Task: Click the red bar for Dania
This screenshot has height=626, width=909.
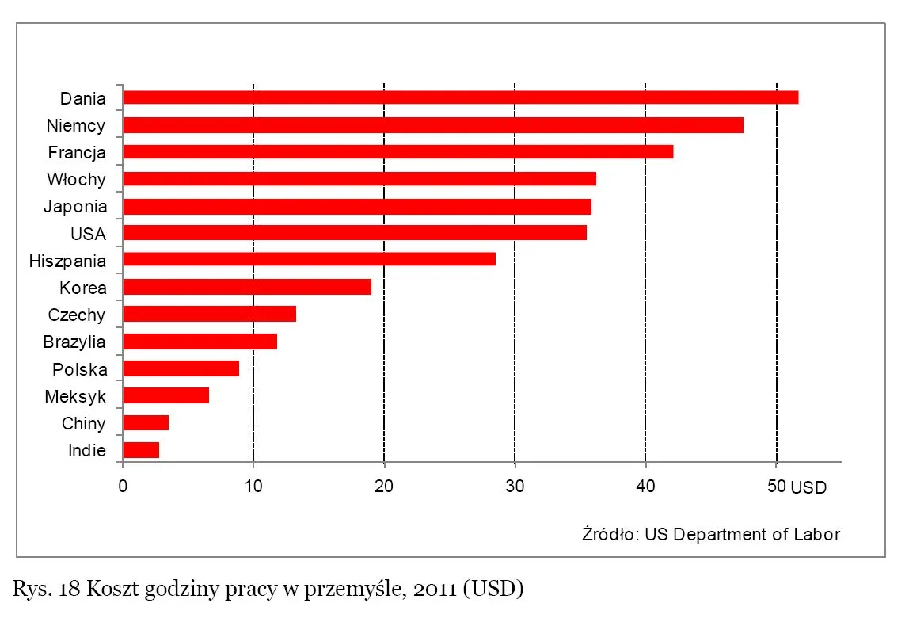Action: [460, 97]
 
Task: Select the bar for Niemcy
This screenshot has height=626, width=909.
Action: [433, 125]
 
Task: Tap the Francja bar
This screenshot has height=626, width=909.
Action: [397, 152]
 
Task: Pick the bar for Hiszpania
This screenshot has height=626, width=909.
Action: [309, 259]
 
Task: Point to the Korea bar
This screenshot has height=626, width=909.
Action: [247, 287]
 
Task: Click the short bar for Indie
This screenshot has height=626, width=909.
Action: [141, 450]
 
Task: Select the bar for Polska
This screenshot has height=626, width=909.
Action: [181, 368]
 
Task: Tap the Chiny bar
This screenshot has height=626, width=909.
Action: [146, 422]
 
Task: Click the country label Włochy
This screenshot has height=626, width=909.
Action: [76, 179]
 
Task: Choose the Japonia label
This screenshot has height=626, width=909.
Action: [74, 206]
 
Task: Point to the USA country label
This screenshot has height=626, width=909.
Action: [88, 234]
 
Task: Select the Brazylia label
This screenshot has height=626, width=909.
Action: [74, 342]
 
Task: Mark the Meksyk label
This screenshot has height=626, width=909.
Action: [75, 396]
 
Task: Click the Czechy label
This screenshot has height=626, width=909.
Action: [76, 315]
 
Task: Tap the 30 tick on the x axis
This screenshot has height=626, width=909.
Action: [515, 487]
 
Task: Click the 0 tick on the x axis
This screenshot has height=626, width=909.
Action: [123, 487]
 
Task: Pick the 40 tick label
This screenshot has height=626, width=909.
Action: [645, 487]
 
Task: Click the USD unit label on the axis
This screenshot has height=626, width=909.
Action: [808, 488]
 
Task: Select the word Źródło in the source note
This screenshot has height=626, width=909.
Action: [610, 533]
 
